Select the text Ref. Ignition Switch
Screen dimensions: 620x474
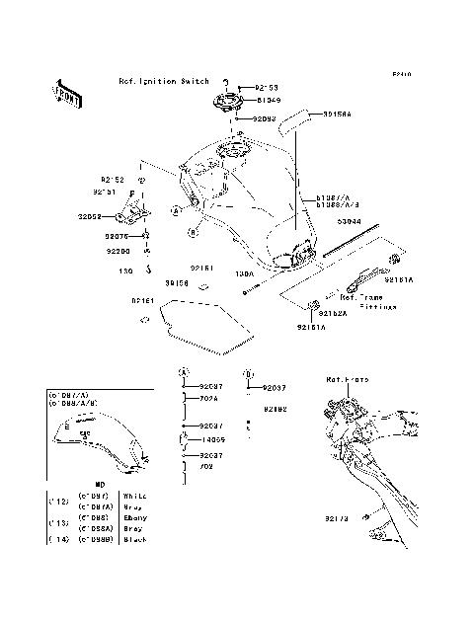click(163, 81)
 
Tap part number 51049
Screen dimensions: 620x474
click(271, 100)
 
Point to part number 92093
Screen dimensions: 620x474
click(265, 118)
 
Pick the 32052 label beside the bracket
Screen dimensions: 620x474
click(92, 214)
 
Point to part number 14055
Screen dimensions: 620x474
click(213, 440)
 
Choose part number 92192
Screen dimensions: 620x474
click(276, 408)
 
